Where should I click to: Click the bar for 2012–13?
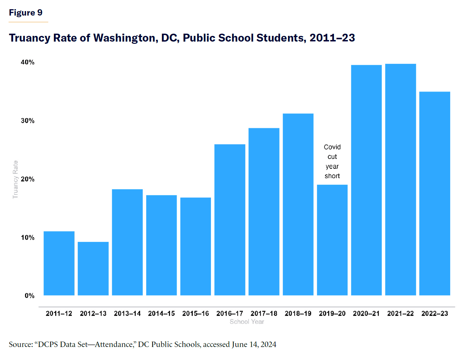[93, 269]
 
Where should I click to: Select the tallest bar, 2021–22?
[400, 180]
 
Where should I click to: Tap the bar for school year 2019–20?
[332, 240]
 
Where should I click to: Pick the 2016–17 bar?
[230, 220]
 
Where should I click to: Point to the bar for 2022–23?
[435, 194]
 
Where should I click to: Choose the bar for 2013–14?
[127, 242]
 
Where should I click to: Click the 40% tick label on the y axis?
[28, 62]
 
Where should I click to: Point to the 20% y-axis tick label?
[28, 179]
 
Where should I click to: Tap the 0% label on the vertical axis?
[30, 296]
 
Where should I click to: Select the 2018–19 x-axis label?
[298, 314]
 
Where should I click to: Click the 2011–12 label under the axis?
[59, 314]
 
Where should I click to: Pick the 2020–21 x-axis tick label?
[366, 314]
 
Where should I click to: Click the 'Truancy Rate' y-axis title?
[15, 180]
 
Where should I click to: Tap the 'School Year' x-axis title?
[247, 322]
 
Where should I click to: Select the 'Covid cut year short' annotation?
[332, 161]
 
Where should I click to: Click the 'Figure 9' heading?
[25, 13]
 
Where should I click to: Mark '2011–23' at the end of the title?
[332, 38]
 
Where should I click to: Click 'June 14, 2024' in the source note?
[254, 344]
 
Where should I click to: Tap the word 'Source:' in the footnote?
[21, 344]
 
